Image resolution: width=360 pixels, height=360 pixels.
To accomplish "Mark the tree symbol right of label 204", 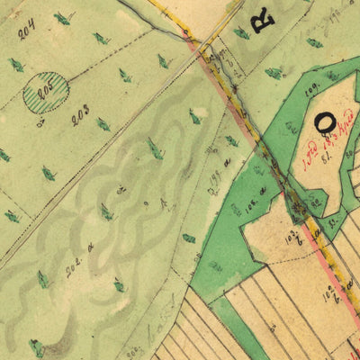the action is [x=61, y=18].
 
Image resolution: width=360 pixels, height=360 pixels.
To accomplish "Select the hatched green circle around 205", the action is [x=44, y=92].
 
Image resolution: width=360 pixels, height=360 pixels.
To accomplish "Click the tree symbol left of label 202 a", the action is [x=42, y=280].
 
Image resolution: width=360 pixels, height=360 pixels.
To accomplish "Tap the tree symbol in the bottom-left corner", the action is [x=36, y=347].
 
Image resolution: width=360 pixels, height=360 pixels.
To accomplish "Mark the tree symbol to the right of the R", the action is [x=314, y=42].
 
